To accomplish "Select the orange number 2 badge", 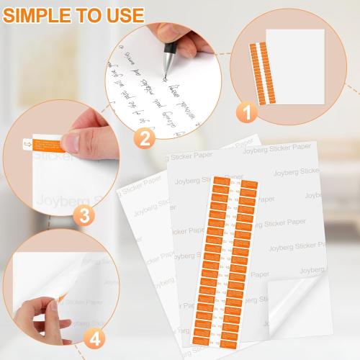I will tap(145, 136).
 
